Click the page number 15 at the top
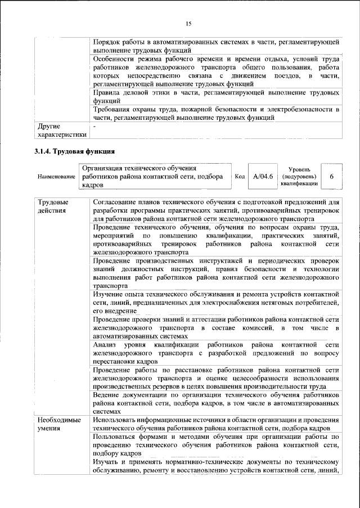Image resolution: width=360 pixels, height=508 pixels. (188, 23)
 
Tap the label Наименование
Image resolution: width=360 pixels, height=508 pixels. (56, 177)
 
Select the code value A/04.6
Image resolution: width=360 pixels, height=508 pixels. (263, 176)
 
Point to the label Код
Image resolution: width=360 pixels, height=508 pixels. (239, 176)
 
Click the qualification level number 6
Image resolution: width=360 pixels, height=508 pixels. (331, 176)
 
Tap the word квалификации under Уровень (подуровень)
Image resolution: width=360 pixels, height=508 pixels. (299, 183)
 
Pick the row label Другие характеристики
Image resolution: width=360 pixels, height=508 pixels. (61, 131)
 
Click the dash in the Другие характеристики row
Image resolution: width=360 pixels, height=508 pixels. (95, 127)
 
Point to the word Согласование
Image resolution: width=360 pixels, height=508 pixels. (118, 201)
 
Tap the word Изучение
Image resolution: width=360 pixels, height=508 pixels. (111, 294)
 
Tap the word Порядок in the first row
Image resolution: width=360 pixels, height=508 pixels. (109, 43)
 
